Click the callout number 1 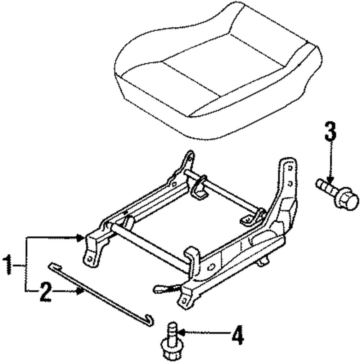click(x=8, y=266)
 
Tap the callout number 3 click(x=330, y=132)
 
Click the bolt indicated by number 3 click(x=337, y=193)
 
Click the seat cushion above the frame click(x=216, y=72)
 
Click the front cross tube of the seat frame click(x=151, y=249)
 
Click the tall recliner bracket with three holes click(x=288, y=180)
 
